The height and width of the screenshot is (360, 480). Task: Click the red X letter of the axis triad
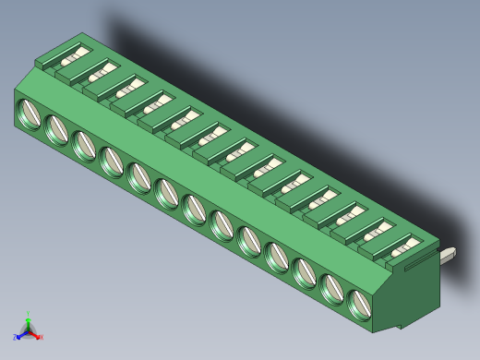tap(41, 337)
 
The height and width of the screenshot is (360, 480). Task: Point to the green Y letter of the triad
tap(29, 314)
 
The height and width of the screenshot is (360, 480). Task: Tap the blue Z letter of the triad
tap(15, 338)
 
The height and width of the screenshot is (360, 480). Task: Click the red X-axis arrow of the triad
tap(35, 333)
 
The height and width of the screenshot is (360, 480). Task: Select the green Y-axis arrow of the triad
tap(29, 321)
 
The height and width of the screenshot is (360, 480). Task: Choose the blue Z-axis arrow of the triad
tap(21, 334)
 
